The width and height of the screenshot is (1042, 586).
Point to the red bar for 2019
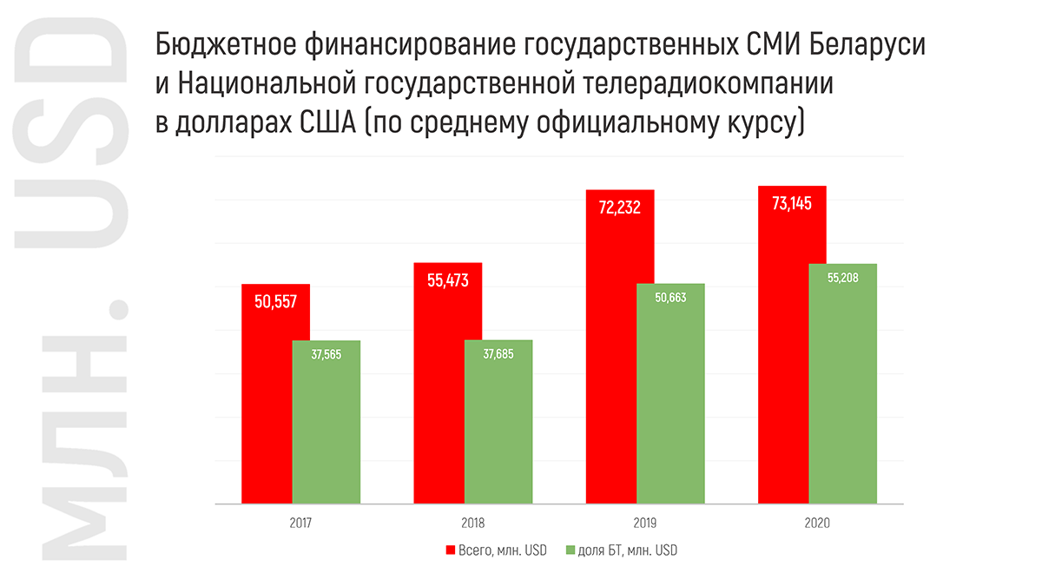click(620, 365)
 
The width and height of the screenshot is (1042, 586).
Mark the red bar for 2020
click(792, 365)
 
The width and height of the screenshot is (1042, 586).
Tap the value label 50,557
click(276, 301)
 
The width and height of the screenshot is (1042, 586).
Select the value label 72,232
click(620, 207)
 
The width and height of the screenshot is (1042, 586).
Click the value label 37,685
click(498, 354)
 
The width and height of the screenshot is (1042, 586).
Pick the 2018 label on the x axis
click(473, 523)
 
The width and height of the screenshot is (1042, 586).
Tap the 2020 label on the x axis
click(817, 523)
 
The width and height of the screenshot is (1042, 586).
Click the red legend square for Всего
click(451, 550)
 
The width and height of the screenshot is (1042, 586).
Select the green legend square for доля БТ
click(570, 550)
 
